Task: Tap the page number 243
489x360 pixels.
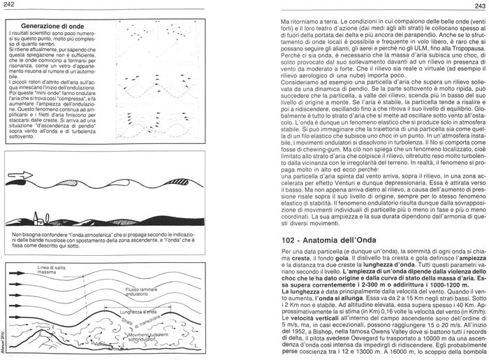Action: pos(478,7)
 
